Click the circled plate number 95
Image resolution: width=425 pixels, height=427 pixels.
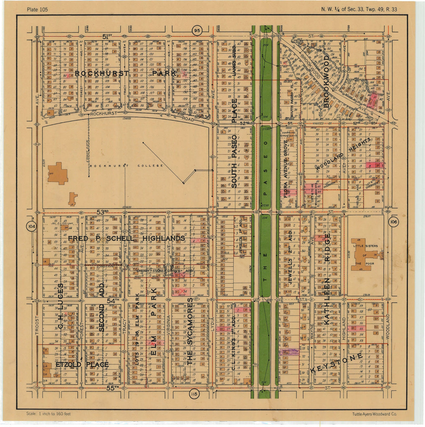point(197,31)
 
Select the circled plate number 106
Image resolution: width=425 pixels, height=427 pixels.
point(394,222)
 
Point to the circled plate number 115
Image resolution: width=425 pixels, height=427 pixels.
point(193,394)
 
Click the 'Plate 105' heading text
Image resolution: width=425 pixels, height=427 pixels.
point(37,9)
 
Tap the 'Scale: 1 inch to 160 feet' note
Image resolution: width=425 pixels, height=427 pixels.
point(48,414)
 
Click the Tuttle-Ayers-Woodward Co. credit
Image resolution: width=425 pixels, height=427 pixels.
point(374,414)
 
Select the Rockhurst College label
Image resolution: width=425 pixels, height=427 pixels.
point(126,166)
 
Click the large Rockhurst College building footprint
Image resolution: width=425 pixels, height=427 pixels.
point(57,173)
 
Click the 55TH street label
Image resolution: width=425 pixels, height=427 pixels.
point(112,388)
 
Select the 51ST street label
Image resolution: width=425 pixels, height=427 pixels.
point(107,36)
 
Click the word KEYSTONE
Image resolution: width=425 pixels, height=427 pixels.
point(336,363)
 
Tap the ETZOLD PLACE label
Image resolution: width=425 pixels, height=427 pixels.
point(82,365)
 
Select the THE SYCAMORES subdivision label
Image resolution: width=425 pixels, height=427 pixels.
point(190,334)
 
